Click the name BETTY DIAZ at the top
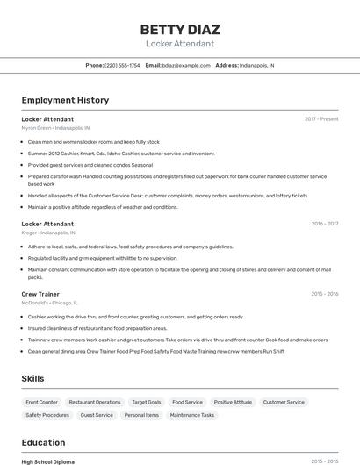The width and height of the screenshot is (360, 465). click(x=179, y=30)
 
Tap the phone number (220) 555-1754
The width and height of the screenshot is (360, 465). click(x=122, y=65)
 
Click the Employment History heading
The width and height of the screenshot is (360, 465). click(x=65, y=100)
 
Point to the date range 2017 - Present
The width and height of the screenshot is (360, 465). click(x=321, y=119)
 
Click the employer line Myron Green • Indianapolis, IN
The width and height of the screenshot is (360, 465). click(x=55, y=128)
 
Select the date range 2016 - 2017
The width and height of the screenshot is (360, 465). click(x=325, y=224)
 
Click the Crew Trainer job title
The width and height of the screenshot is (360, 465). click(x=40, y=294)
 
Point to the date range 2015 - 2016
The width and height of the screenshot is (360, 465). click(x=325, y=294)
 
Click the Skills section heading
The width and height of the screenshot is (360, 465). click(x=33, y=379)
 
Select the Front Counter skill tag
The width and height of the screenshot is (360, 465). click(x=42, y=402)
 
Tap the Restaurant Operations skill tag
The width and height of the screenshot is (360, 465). click(x=95, y=402)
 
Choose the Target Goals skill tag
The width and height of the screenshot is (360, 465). click(x=147, y=402)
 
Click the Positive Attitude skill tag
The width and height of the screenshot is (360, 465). click(x=233, y=402)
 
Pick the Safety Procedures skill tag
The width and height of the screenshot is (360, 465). click(x=47, y=415)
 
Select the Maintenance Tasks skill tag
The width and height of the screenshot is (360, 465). click(x=192, y=415)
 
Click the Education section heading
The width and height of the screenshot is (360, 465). click(x=43, y=442)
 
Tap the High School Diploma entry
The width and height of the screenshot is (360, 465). click(x=47, y=461)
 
